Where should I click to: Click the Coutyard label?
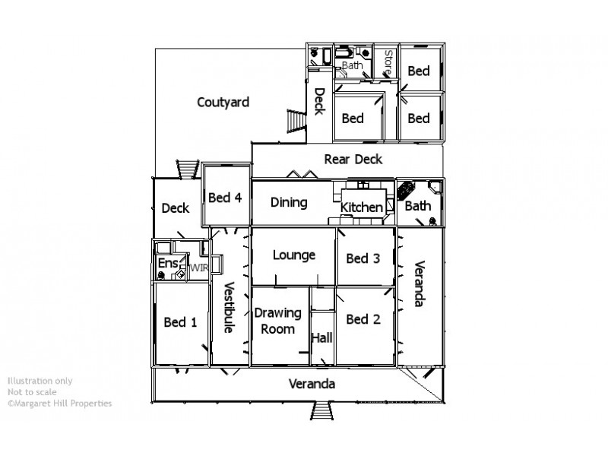[x=223, y=103]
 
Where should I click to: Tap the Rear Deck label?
[x=353, y=160]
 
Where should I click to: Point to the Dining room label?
[x=289, y=203]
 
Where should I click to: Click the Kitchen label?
[x=361, y=207]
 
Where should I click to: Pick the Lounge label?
[x=294, y=255]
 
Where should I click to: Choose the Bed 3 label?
[x=363, y=258]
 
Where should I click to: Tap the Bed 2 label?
[x=363, y=319]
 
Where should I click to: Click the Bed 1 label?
[x=180, y=321]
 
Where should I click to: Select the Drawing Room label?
[x=277, y=321]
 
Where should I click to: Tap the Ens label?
[x=166, y=264]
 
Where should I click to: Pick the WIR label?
[x=198, y=268]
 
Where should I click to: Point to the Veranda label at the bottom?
[x=312, y=384]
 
